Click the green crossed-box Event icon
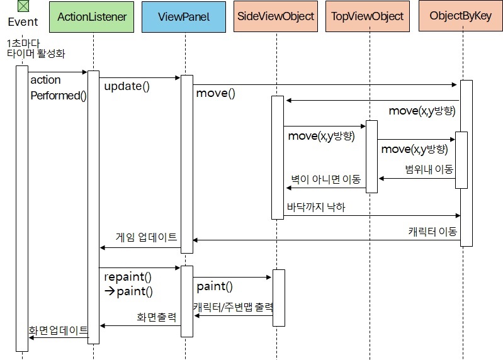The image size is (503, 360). coord(23,6)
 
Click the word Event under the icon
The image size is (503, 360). coord(23,22)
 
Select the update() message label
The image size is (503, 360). coord(127,87)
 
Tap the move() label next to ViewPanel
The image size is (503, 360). coord(215,94)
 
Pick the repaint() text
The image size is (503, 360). coord(128,277)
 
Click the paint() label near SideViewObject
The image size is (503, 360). coord(215,287)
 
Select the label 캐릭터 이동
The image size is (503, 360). coord(432,231)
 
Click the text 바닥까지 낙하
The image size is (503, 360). coord(316,206)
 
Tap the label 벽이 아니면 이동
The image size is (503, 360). coord(325,180)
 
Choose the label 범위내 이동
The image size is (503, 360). coord(429,169)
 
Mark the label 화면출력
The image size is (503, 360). coord(157,317)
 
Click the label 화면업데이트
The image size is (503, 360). coord(58,329)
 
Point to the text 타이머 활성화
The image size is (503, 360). coord(36,54)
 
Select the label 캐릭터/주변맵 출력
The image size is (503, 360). coord(233,307)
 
